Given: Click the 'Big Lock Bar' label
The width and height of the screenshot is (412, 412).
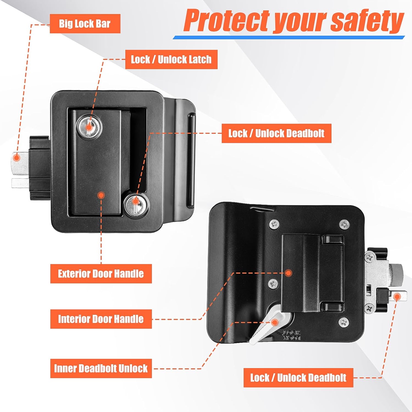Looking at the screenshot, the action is pos(85,24).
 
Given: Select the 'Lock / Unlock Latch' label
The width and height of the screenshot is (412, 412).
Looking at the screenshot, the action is pos(171,59).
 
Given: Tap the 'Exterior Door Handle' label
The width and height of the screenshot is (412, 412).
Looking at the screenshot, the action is pos(101,274).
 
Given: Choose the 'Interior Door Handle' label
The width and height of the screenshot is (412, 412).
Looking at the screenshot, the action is pos(101,319).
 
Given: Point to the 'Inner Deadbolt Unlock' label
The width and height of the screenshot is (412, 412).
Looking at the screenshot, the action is pos(101,368).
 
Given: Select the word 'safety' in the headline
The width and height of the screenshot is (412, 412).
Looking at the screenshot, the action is pos(367,21).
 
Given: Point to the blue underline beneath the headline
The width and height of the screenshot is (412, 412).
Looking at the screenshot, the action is pos(289,37).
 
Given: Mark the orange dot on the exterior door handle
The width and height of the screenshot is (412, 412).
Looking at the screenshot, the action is pos(101,195).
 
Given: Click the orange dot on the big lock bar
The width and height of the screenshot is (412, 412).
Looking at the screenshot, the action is pos(17,158).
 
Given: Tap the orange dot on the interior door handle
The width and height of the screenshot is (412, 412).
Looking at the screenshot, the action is pos(288,273).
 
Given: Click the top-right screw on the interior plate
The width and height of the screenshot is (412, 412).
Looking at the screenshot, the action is pos(345,224).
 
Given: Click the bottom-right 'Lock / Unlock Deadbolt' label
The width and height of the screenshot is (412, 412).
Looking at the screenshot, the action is pos(298,378).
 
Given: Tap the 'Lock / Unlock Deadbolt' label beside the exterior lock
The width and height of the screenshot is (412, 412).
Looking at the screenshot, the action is pos(276,133).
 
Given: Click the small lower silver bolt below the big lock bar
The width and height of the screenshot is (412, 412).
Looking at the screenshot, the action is pos(20,182).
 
